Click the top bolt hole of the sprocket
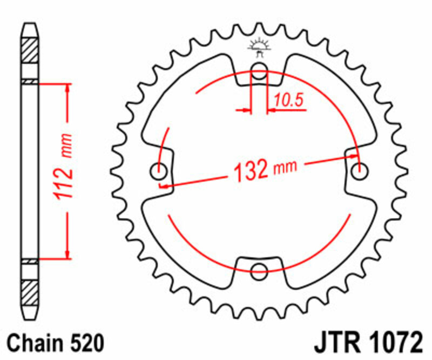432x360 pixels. [260, 69]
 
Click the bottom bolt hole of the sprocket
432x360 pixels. [260, 270]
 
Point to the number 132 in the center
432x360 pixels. [251, 171]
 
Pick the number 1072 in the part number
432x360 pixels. [392, 343]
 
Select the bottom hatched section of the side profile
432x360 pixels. [30, 292]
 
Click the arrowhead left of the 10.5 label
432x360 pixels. [247, 111]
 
